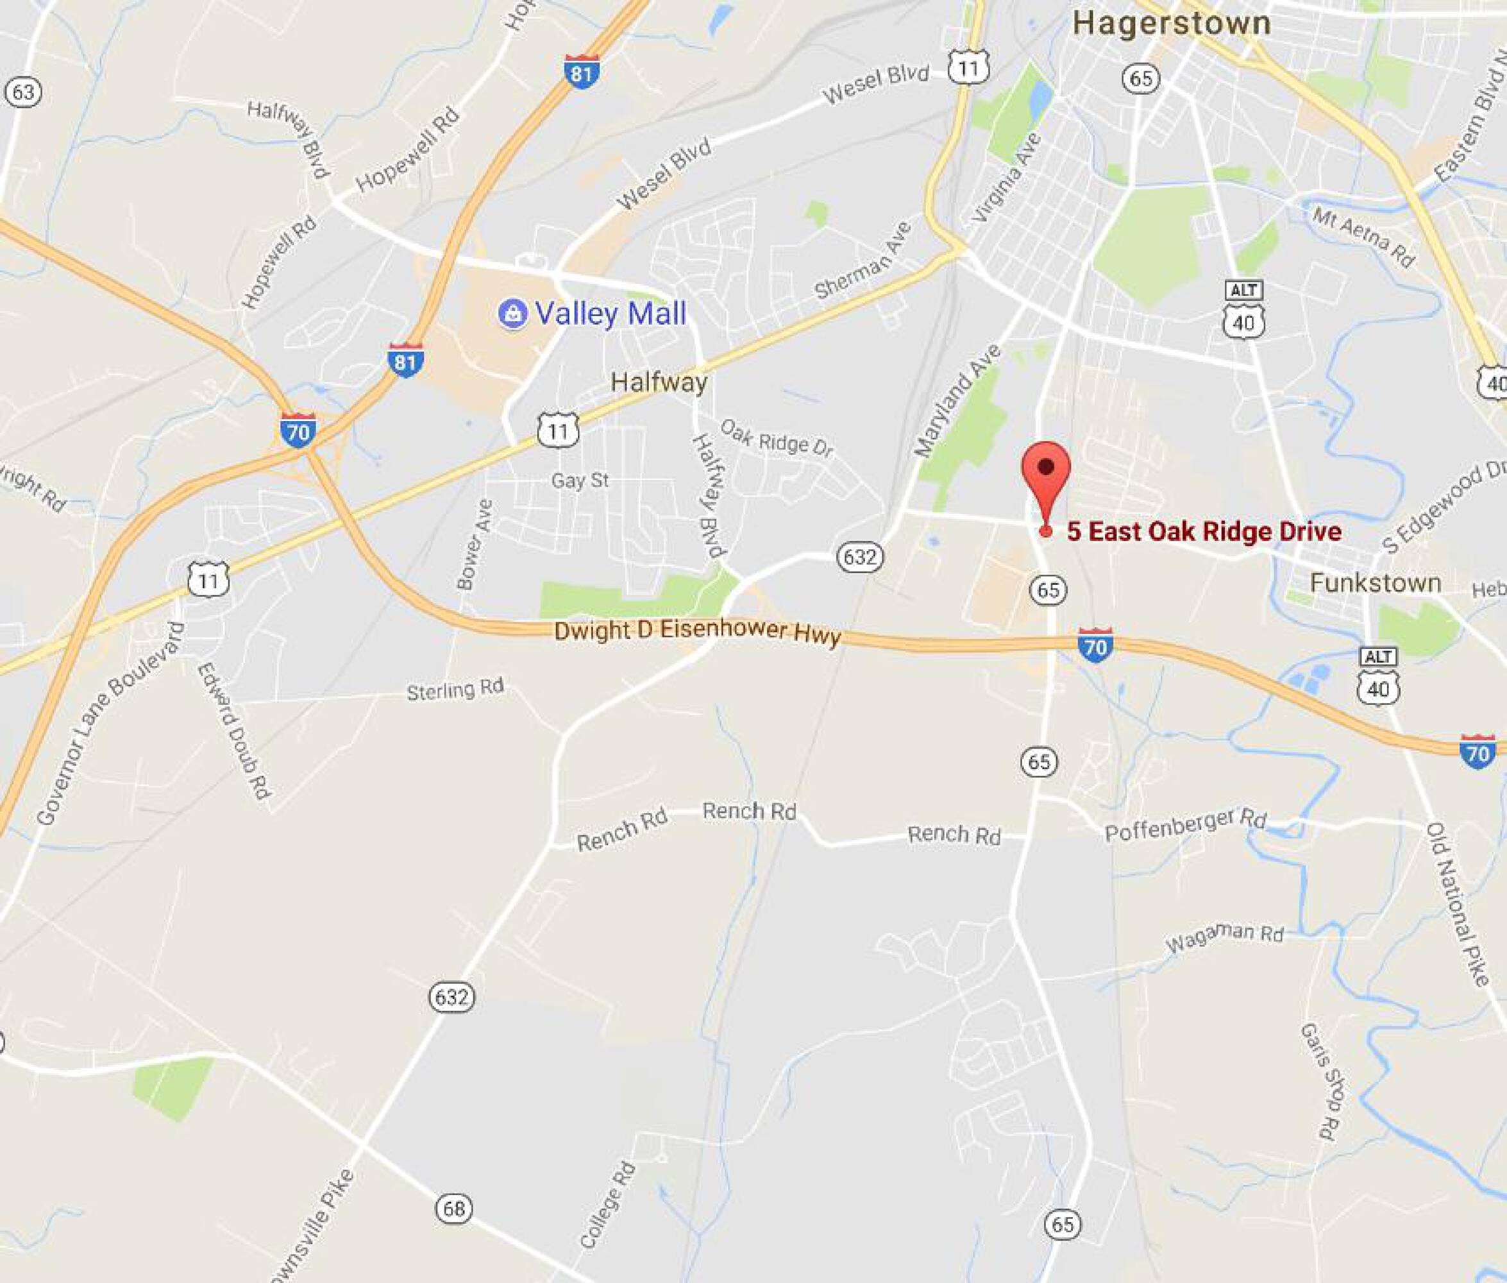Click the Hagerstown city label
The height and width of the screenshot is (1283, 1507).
(1171, 23)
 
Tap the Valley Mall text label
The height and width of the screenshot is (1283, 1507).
(610, 314)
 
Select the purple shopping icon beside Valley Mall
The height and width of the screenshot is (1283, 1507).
(512, 314)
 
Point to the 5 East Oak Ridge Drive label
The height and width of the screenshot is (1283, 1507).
(1204, 532)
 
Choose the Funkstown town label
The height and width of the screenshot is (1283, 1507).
(1375, 583)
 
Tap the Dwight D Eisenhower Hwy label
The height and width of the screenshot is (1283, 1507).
(697, 633)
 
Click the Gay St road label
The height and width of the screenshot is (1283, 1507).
(579, 480)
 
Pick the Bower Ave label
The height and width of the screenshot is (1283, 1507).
(474, 545)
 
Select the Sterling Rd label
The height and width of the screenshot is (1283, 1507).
(455, 690)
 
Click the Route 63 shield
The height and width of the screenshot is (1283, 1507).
(22, 92)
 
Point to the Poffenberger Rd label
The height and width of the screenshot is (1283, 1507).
(1185, 824)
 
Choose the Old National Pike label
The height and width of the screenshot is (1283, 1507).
(1458, 903)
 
